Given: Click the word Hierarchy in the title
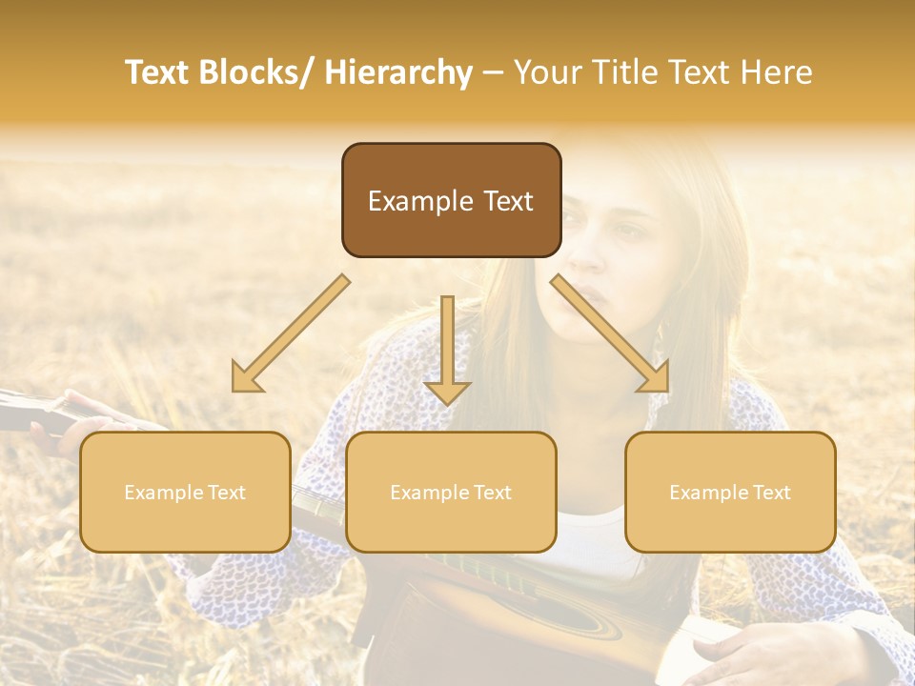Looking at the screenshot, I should point(398,72).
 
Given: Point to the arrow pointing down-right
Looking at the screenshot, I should point(611,334).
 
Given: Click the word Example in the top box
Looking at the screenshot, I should point(419,202).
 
